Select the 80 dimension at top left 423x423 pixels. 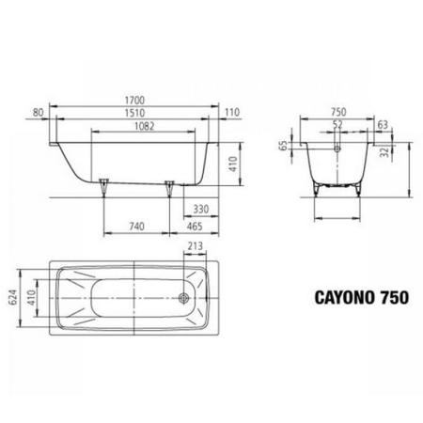[39, 112]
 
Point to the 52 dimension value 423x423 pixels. [337, 124]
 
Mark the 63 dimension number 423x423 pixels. [381, 124]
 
